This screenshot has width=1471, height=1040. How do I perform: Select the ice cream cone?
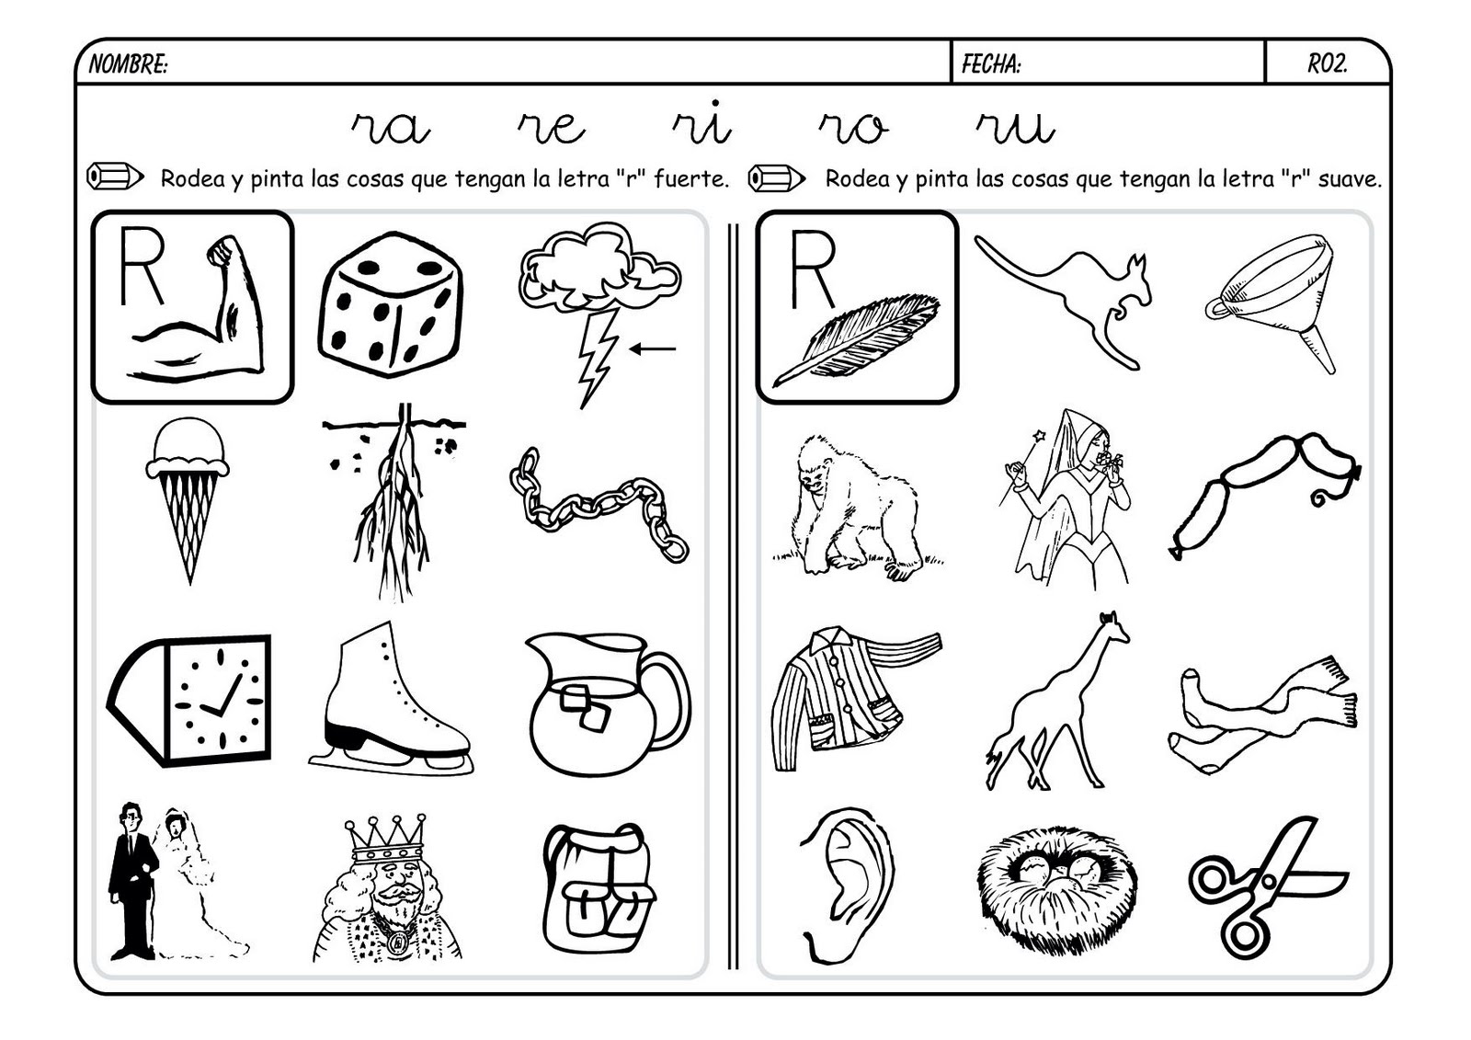188,497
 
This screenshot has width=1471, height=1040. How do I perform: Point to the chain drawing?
599,503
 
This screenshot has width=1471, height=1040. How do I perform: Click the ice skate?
387,698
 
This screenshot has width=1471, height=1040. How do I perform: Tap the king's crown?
384,838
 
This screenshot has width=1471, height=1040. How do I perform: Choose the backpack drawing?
598,887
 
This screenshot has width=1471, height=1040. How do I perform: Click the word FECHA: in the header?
991,63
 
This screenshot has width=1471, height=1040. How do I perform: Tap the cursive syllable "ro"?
853,128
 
